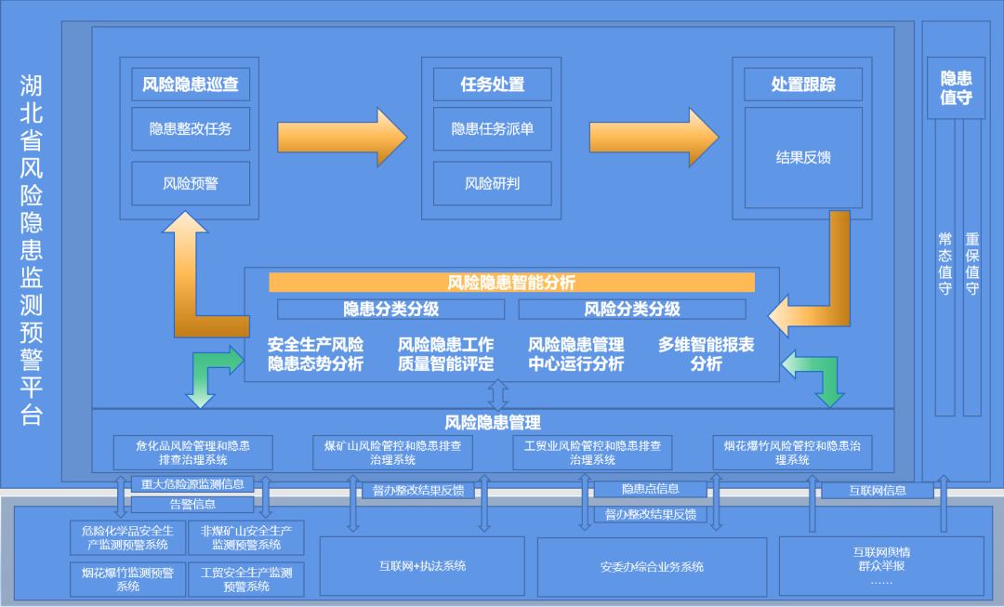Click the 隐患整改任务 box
coord(191,129)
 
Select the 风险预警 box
coord(191,183)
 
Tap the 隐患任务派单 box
coord(493,129)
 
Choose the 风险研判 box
coord(493,183)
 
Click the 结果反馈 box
coord(803,157)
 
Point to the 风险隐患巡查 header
coord(191,85)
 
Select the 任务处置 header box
coord(493,85)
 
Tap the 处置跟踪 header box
coord(803,85)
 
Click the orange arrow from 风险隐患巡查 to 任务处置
coord(341,137)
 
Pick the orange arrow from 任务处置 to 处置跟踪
coord(653,137)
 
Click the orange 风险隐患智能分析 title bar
coord(511,283)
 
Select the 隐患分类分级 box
coord(391,309)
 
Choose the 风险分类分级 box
coord(632,309)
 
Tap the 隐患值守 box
coord(956,88)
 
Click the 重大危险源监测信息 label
coord(192,483)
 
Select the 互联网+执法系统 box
coord(423,565)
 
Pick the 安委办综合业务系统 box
coord(652,565)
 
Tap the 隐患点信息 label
coord(651,489)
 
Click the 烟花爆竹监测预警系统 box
coord(128,579)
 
